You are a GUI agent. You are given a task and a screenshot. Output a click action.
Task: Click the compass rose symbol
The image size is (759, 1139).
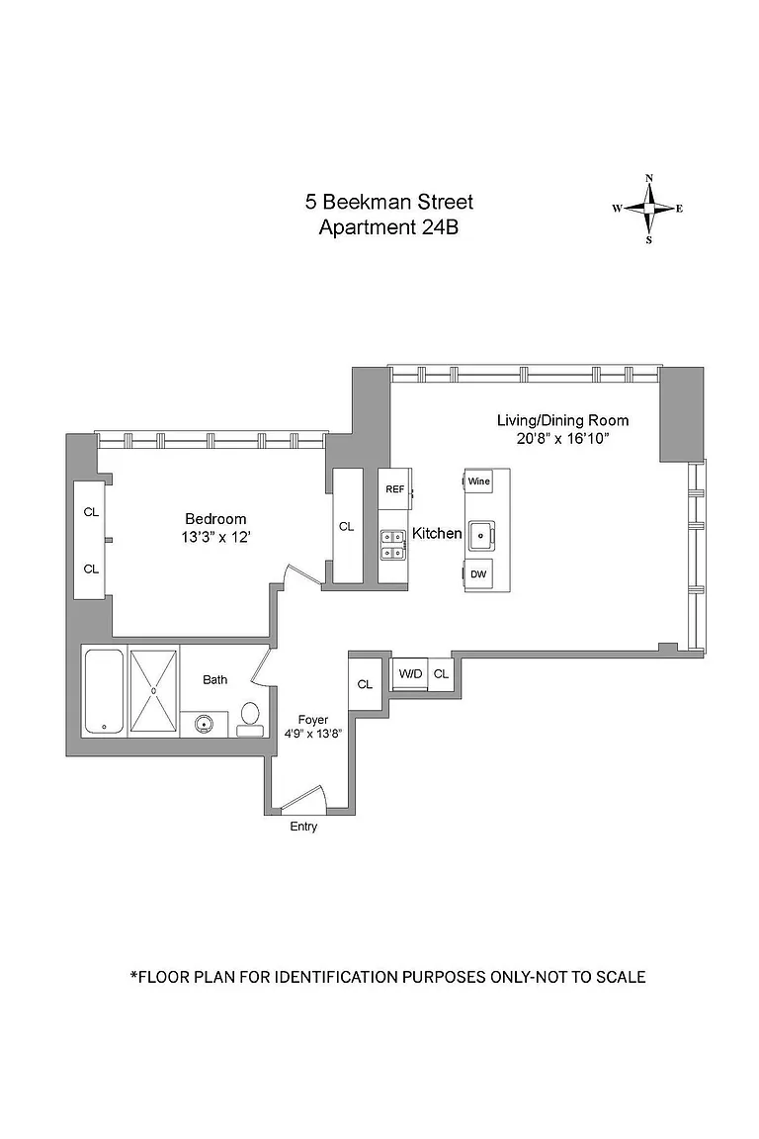648,209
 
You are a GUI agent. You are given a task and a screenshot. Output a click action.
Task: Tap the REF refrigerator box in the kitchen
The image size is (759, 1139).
394,489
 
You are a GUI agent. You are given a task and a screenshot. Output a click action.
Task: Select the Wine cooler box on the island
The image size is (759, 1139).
478,482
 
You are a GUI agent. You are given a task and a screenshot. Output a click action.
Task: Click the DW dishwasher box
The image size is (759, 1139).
478,573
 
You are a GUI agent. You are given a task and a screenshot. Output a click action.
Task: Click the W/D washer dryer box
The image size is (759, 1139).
410,673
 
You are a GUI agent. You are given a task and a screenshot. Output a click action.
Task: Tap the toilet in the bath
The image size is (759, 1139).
250,716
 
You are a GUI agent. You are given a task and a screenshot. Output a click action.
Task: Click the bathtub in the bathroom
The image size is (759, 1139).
103,691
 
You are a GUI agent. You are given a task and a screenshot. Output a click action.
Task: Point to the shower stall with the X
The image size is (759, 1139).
154,691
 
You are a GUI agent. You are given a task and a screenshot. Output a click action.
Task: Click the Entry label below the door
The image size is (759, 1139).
303,827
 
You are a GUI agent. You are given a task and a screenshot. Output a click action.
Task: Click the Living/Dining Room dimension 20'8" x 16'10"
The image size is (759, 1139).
562,439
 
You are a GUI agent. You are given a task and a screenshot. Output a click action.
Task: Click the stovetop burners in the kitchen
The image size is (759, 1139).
393,545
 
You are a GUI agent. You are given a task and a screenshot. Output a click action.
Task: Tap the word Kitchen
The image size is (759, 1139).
437,533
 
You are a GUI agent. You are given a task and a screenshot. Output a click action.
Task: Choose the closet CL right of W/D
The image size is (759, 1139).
441,673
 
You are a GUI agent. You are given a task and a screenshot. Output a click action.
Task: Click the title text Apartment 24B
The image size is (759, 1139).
388,227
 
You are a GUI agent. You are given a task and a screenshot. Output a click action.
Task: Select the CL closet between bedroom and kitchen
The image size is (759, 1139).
346,527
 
